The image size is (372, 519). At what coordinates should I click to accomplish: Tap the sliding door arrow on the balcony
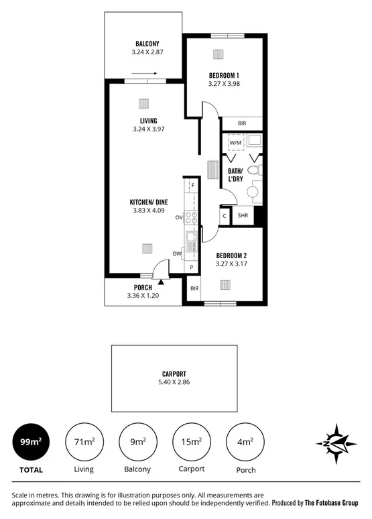[x=143, y=74]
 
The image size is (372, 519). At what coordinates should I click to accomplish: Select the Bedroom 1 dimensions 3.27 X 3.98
[x=224, y=84]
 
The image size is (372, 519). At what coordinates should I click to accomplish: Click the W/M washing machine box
[x=235, y=143]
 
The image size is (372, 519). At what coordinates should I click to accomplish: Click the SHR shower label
[x=243, y=216]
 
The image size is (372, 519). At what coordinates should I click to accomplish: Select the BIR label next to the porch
[x=194, y=288]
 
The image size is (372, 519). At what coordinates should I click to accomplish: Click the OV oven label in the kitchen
[x=179, y=218]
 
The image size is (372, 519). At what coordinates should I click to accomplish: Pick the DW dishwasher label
[x=177, y=253]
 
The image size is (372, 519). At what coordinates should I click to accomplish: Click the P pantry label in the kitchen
[x=192, y=267]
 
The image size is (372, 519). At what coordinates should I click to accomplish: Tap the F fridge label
[x=192, y=185]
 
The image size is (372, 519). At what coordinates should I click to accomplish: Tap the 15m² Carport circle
[x=191, y=441]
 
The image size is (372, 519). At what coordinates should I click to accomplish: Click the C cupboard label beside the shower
[x=224, y=216]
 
